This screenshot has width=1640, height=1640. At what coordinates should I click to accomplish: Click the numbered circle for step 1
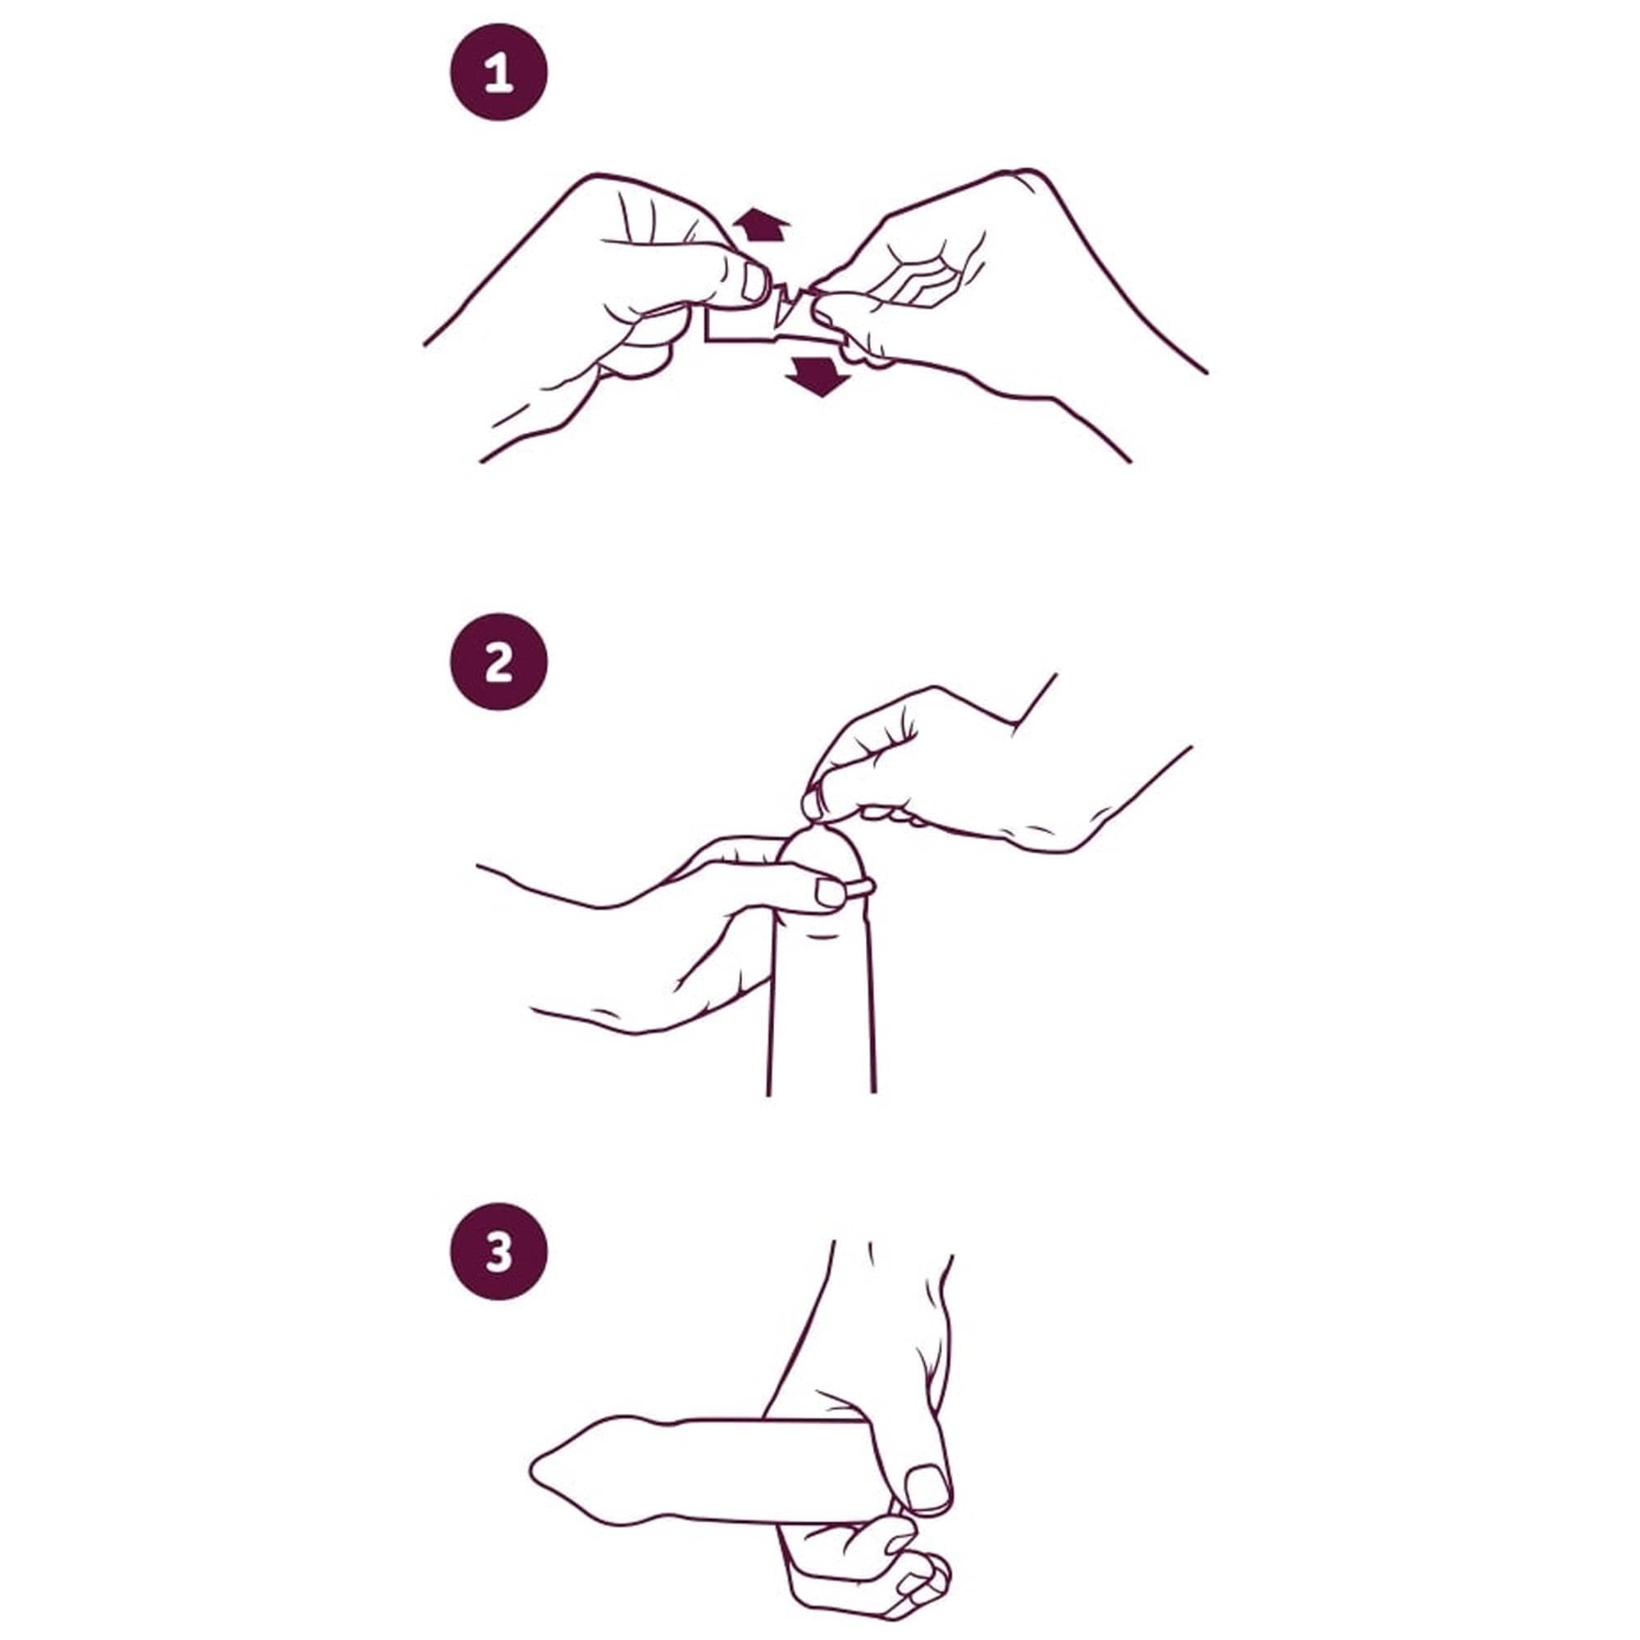coord(499,72)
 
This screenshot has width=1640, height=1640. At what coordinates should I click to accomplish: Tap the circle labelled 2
coord(499,662)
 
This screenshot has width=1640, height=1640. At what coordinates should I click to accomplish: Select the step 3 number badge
coord(499,1251)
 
